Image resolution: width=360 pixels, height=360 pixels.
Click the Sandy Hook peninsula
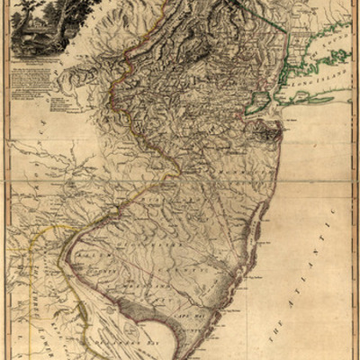coord(271,112)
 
